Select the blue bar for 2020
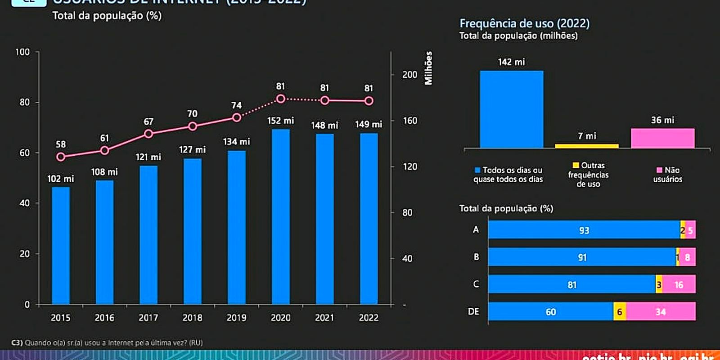pyautogui.click(x=280, y=216)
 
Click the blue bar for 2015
pyautogui.click(x=61, y=245)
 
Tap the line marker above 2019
pyautogui.click(x=237, y=117)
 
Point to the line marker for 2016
pyautogui.click(x=104, y=150)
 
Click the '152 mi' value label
pyautogui.click(x=280, y=121)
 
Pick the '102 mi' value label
pyautogui.click(x=61, y=179)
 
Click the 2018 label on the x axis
pyautogui.click(x=192, y=318)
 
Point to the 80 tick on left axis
pyautogui.click(x=25, y=102)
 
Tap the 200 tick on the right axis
pyautogui.click(x=409, y=75)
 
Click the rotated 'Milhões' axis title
pyautogui.click(x=428, y=68)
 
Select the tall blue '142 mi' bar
pyautogui.click(x=511, y=109)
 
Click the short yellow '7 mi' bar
pyautogui.click(x=586, y=146)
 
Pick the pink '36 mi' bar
pyautogui.click(x=662, y=138)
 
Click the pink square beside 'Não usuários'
pyautogui.click(x=659, y=170)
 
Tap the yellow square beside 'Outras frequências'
pyautogui.click(x=576, y=165)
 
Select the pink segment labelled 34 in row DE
pyautogui.click(x=661, y=311)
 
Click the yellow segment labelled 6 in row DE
pyautogui.click(x=620, y=311)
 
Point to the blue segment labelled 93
pyautogui.click(x=584, y=230)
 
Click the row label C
pyautogui.click(x=476, y=284)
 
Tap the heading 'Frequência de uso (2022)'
pyautogui.click(x=524, y=23)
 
